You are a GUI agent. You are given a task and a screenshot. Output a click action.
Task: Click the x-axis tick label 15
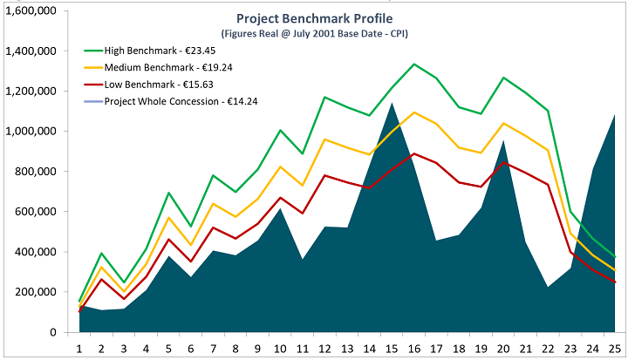(392, 348)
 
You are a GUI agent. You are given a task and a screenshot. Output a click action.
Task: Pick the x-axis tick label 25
(615, 348)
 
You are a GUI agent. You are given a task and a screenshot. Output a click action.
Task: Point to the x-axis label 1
(80, 348)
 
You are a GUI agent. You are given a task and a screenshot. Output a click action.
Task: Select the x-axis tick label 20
(503, 348)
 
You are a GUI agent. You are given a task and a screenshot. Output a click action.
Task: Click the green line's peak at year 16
(414, 64)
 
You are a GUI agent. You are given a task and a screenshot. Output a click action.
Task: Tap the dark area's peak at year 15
(392, 103)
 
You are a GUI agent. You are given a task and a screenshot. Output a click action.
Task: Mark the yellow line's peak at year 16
(414, 112)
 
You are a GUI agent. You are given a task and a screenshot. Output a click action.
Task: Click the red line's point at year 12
(325, 175)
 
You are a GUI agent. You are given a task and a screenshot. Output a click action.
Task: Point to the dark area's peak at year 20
(503, 140)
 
